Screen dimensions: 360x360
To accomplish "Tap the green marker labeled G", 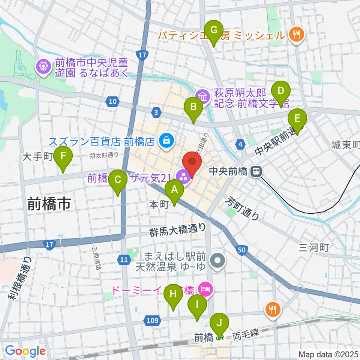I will point(214,31).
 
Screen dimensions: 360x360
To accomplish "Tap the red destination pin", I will point(192,163).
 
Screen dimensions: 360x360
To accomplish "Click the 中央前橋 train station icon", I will point(256,172).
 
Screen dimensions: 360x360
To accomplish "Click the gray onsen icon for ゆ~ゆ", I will point(218,259).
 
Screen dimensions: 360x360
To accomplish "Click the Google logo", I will point(25,351).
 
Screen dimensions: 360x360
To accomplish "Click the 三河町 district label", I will point(314,247).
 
